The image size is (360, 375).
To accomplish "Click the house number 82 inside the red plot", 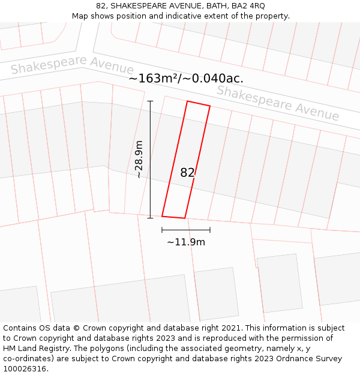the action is coord(187,173).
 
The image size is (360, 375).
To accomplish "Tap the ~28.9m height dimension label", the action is coord(139,160).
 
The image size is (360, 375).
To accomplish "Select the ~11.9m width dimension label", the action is coord(186,242).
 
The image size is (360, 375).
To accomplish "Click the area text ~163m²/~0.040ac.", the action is coord(186,79).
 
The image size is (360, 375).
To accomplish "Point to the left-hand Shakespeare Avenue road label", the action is coord(72,65).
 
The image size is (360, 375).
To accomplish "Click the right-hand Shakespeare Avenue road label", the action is coord(278,103).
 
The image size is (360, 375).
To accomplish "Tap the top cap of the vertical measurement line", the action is coord(150,101).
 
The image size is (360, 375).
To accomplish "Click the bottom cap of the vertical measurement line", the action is coord(150,218).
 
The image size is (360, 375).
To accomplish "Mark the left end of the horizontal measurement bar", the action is coord(162,230).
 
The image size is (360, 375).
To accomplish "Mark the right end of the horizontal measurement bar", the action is coord(210,230).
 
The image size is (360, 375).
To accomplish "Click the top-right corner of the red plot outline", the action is coord(210,106).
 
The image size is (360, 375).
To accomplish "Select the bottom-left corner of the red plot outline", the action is coord(162,216).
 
